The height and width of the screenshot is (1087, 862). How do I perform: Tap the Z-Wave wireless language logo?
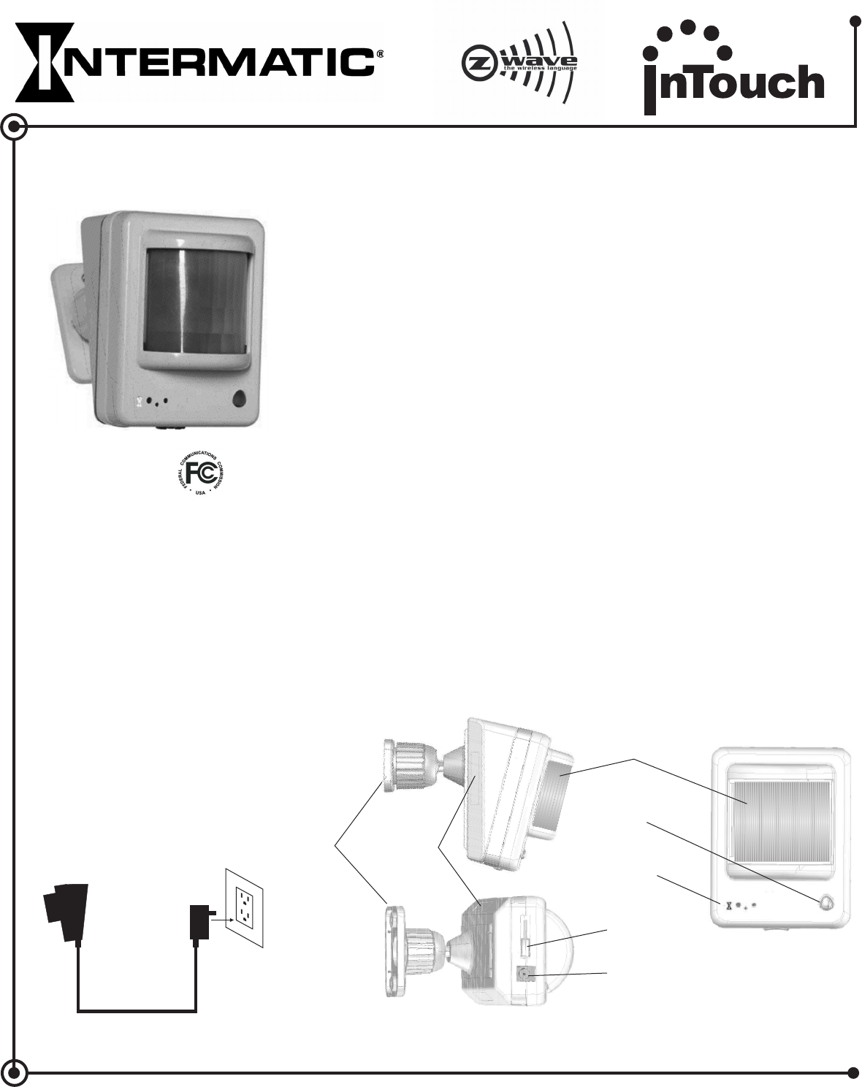pos(520,62)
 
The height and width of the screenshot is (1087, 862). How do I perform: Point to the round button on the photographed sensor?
pos(239,399)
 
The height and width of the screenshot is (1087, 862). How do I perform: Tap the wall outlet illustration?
pos(243,907)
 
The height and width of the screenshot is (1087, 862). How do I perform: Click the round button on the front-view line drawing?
pos(826,903)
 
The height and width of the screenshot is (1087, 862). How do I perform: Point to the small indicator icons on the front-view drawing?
pos(740,905)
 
